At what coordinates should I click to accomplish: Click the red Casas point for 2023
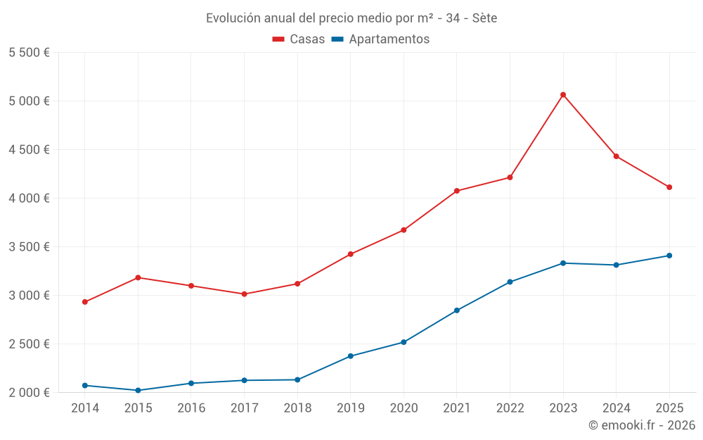tap(563, 94)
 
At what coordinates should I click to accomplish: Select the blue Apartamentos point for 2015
tap(138, 390)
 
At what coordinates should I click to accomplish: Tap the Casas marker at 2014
tap(85, 302)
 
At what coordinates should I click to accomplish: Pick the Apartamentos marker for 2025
tap(669, 256)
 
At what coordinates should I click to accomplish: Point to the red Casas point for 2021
tap(457, 191)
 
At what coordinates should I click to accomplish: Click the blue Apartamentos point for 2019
tap(351, 356)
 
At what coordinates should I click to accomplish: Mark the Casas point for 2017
tap(244, 294)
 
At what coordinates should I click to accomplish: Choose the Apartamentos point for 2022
tap(510, 282)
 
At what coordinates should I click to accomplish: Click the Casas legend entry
tap(299, 39)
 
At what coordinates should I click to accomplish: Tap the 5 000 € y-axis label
tap(30, 101)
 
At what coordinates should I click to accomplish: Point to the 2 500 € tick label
tap(30, 344)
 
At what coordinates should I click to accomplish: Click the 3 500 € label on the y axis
tap(30, 246)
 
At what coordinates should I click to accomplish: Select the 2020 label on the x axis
tap(404, 408)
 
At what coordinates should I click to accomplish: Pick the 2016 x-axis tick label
tap(191, 408)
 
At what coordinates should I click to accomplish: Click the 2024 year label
tap(616, 408)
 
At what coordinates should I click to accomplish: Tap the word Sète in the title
tap(484, 18)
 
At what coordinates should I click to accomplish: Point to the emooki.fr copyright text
tap(642, 425)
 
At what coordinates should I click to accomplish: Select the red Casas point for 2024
tap(616, 156)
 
